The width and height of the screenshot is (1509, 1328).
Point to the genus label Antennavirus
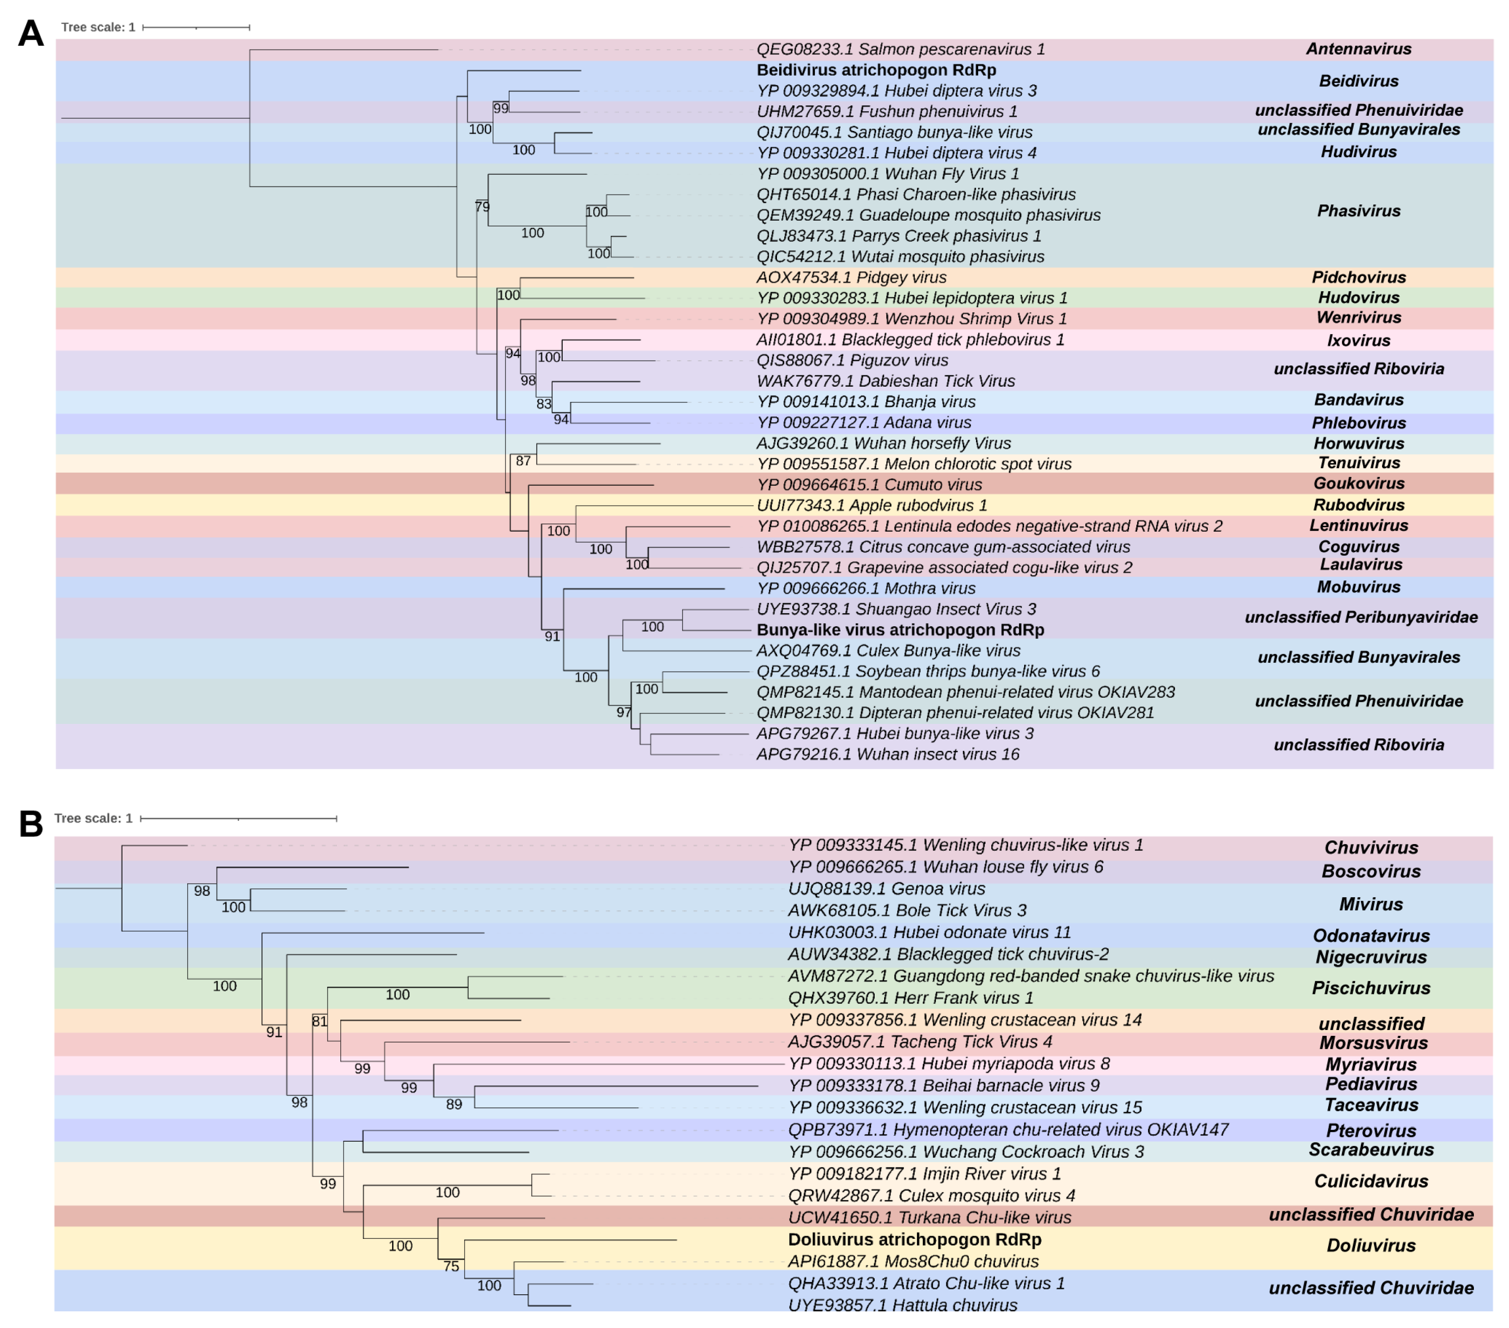(1358, 49)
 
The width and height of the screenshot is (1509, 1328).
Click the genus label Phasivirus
(1358, 211)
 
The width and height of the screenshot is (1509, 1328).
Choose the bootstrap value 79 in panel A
(482, 207)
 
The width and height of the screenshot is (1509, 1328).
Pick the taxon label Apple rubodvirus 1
(871, 506)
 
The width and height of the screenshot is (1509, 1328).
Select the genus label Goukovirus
(1358, 483)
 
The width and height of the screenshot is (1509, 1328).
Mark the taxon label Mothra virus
(865, 588)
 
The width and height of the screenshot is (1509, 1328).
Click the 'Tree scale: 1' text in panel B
(93, 818)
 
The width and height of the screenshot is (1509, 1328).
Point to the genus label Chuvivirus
(1370, 847)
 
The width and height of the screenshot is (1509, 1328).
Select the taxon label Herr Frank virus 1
(910, 998)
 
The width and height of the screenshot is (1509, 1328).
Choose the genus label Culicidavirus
(1370, 1181)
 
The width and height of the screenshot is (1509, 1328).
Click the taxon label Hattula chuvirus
(902, 1305)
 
